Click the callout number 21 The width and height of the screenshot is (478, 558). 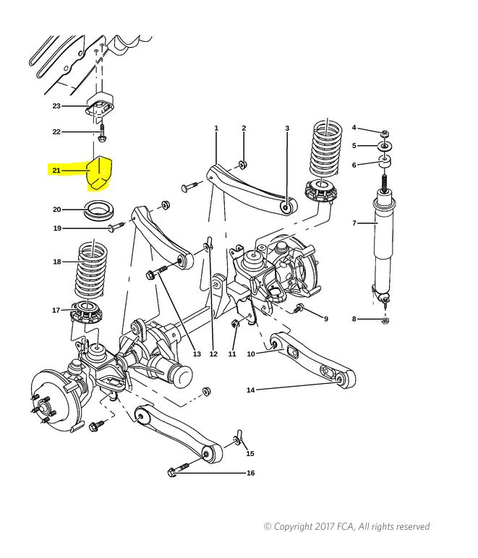tap(56, 171)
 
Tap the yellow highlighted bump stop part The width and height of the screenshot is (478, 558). tap(100, 173)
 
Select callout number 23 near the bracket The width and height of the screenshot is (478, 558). tap(56, 106)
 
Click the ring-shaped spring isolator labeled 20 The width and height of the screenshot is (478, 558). tap(99, 210)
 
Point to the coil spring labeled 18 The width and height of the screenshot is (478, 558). tap(91, 270)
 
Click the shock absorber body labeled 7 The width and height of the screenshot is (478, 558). tap(384, 246)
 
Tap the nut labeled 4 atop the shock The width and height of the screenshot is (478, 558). tap(385, 134)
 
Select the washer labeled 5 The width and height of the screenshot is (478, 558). tap(385, 146)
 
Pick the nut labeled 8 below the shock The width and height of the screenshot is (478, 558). tap(385, 321)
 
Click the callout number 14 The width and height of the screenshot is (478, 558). tap(250, 390)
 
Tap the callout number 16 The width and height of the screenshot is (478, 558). tap(250, 473)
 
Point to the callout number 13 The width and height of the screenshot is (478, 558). tap(197, 353)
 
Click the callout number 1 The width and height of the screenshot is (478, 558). tap(216, 128)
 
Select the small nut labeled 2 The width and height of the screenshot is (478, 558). tap(244, 165)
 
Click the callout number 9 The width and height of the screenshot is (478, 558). tap(325, 319)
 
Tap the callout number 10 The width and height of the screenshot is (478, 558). tap(251, 353)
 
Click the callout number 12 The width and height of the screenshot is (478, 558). tap(213, 353)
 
